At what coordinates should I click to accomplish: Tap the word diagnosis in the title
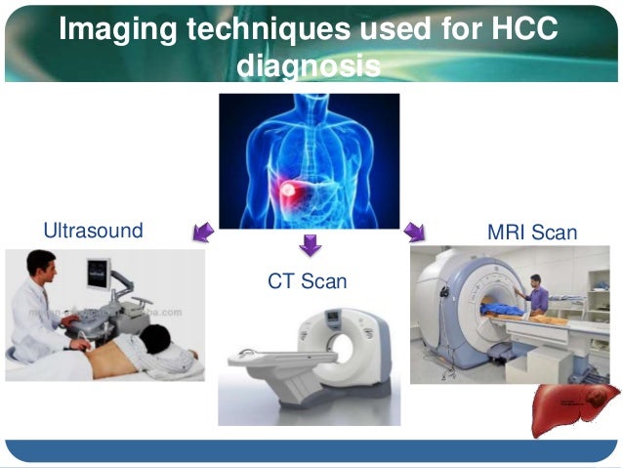click(x=309, y=66)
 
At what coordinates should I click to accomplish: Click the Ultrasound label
click(x=93, y=232)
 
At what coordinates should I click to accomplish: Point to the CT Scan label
click(x=308, y=282)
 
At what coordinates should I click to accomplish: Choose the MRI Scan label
click(x=531, y=234)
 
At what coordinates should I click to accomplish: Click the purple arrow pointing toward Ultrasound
click(x=203, y=232)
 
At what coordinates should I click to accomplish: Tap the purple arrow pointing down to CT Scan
click(x=310, y=244)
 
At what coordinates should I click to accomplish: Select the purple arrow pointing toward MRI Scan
click(x=415, y=232)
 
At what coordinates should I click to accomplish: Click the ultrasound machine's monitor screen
click(x=100, y=273)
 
